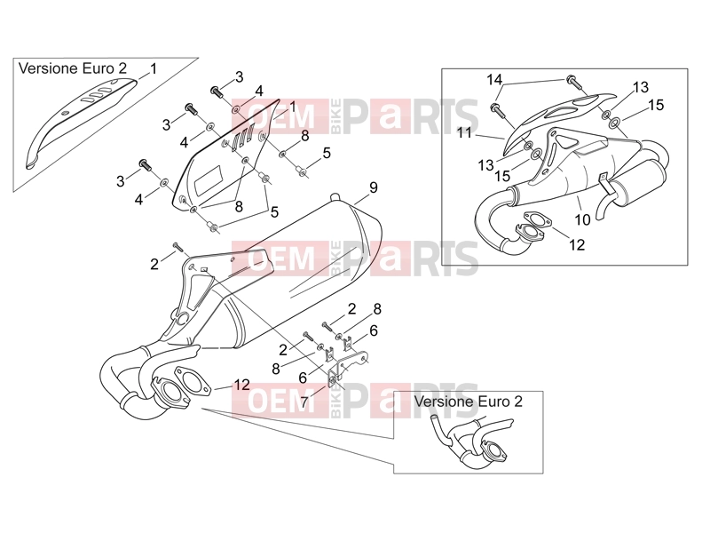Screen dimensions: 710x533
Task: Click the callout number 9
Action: tap(373, 187)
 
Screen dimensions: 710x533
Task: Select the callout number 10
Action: tap(582, 219)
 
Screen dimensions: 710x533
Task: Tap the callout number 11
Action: tap(464, 132)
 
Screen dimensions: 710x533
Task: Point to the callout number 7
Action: tap(304, 402)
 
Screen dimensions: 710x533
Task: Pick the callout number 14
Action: tap(494, 80)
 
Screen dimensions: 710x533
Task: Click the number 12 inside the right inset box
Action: tap(577, 245)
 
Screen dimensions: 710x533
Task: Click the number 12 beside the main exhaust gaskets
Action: tap(241, 385)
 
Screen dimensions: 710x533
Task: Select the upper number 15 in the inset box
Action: tap(656, 105)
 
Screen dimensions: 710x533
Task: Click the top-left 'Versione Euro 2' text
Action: tap(73, 68)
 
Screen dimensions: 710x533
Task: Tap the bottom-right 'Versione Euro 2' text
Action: tap(469, 402)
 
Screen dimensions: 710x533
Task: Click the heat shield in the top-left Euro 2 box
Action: tap(78, 123)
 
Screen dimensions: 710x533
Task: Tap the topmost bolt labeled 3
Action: tap(217, 92)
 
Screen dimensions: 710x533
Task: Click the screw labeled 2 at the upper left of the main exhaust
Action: tap(177, 247)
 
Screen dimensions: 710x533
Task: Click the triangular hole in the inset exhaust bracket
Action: tap(564, 141)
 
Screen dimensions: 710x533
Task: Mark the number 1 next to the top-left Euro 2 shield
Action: tap(154, 69)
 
